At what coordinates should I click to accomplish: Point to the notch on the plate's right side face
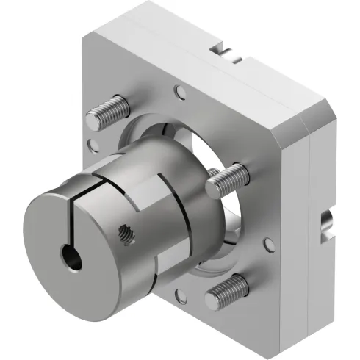[325, 224]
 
